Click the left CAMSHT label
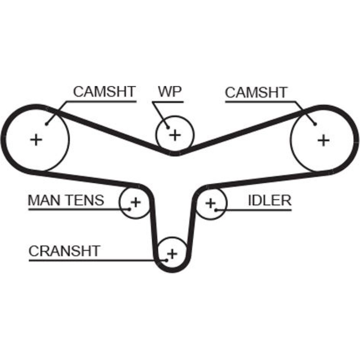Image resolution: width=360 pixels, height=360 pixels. tap(104, 92)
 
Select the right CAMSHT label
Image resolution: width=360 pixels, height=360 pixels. tap(256, 93)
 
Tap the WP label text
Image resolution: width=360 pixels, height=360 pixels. tap(170, 92)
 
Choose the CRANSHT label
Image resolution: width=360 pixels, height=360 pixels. tap(64, 251)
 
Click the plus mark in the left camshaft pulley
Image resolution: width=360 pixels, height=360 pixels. tap(36, 139)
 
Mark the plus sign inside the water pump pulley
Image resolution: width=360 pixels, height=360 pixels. tap(175, 135)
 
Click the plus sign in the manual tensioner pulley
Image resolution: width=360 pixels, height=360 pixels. tap(135, 202)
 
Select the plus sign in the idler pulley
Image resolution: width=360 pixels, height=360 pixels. tap(210, 203)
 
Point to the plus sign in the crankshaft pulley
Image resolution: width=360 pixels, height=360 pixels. tap(172, 254)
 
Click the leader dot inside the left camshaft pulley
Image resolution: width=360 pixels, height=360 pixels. tap(47, 124)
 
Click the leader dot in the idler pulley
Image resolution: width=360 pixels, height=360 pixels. tap(216, 209)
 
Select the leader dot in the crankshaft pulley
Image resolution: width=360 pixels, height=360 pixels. tap(167, 260)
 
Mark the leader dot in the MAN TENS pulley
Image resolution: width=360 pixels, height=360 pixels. tap(129, 209)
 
